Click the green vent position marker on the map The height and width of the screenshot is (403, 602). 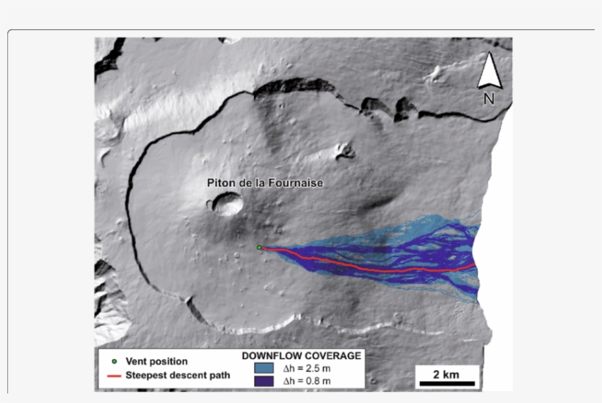click(259, 248)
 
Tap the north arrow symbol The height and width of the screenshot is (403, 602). click(489, 72)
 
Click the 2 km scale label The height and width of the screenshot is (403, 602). click(446, 374)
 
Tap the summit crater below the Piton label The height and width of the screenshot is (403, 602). click(228, 204)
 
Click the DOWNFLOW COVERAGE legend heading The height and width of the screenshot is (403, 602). click(301, 355)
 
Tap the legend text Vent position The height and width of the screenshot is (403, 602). click(156, 361)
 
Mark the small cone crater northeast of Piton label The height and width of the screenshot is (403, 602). click(343, 151)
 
